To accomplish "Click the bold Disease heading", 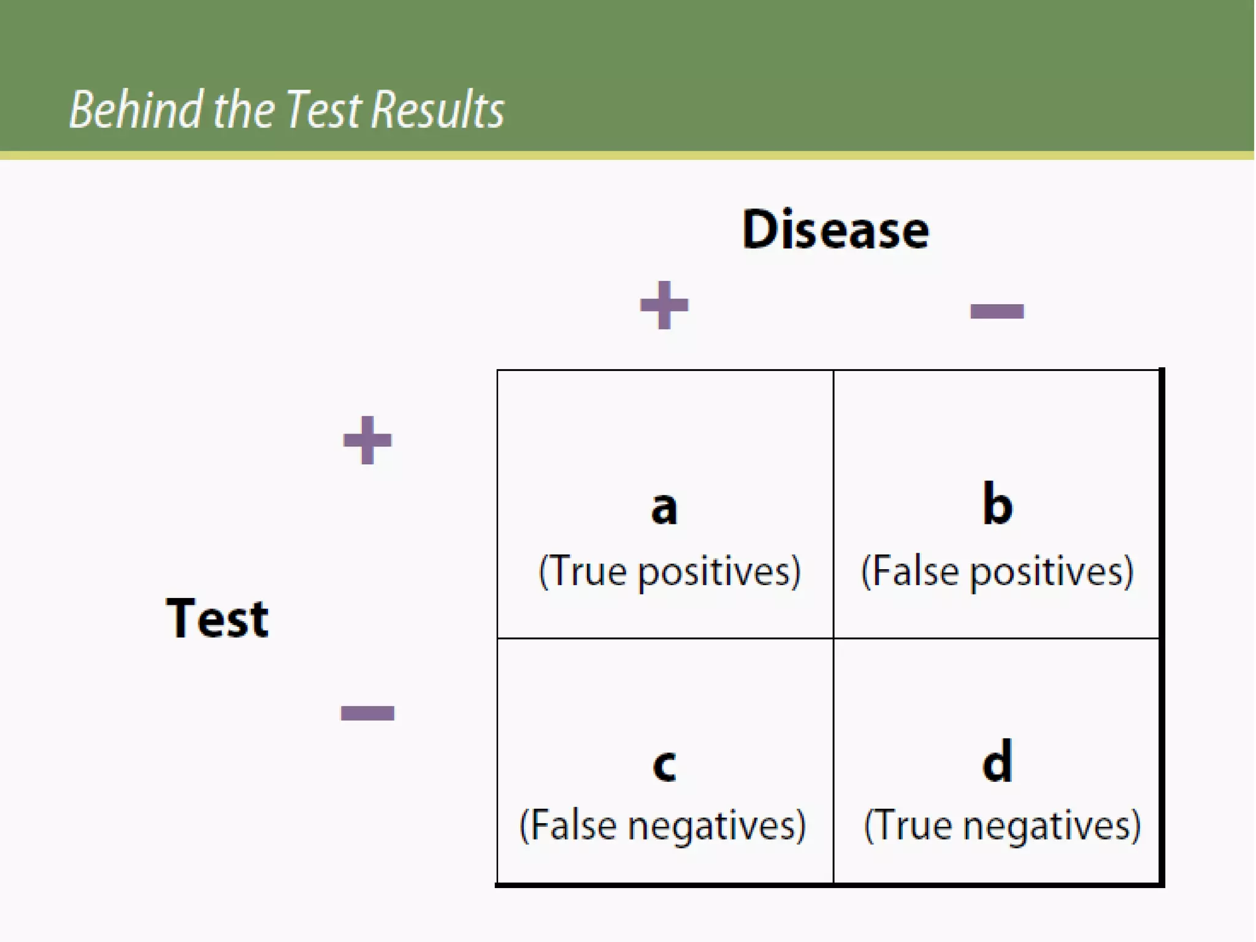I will [835, 229].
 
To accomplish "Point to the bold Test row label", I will [217, 618].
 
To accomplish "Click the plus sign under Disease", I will [664, 305].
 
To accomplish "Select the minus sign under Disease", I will [997, 311].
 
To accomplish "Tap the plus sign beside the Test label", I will [367, 440].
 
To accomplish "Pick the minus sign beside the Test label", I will [367, 713].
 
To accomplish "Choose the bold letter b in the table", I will [997, 504].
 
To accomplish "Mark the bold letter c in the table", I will [664, 765].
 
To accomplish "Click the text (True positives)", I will [670, 572].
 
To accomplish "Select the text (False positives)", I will [997, 572].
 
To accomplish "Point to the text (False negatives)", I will [662, 825].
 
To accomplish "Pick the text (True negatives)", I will [1002, 825].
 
